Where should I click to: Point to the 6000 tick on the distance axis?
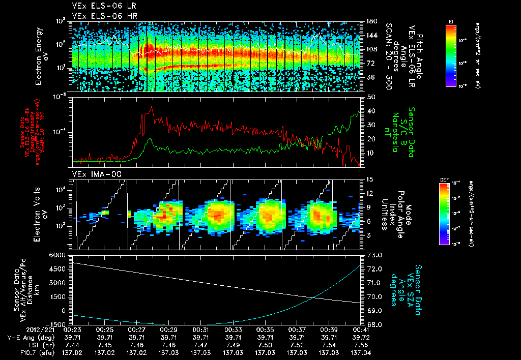pyautogui.click(x=57, y=255)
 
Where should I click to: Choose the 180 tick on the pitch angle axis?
pyautogui.click(x=372, y=21)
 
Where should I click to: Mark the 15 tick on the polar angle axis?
pyautogui.click(x=369, y=179)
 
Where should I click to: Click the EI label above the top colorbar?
pyautogui.click(x=450, y=20)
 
